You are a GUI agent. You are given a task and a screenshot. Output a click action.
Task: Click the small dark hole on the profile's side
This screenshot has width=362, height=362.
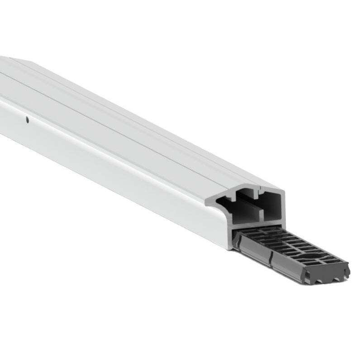(x=27, y=120)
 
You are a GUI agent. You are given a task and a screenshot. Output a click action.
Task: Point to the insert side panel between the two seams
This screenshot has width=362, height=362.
(x=256, y=253)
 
